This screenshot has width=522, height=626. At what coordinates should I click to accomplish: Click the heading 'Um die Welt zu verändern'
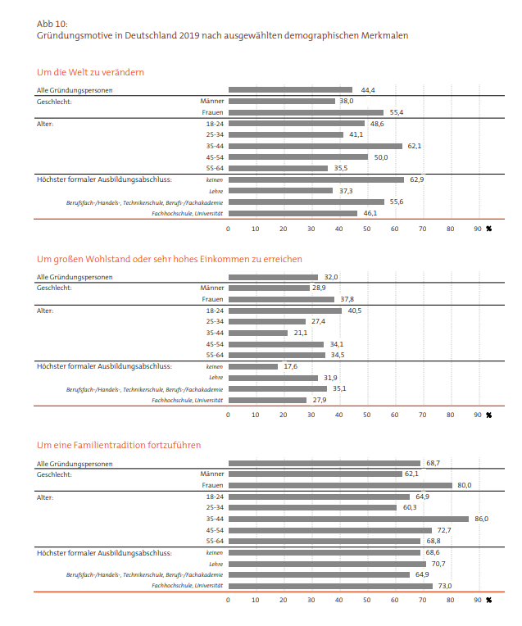pos(90,72)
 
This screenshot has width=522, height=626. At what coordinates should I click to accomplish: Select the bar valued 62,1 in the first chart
pos(315,146)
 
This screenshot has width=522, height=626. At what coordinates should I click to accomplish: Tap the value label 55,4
pos(397,112)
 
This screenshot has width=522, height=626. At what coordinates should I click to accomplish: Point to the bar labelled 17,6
pos(253,366)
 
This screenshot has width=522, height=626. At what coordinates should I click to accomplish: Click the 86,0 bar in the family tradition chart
pos(348,519)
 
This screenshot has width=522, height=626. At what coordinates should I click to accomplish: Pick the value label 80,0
pos(465,485)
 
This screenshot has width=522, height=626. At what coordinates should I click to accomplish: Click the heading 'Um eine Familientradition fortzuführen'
pos(119,445)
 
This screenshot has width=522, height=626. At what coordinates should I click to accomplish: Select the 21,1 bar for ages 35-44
pos(258,333)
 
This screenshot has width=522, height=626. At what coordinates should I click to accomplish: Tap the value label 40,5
pos(355,311)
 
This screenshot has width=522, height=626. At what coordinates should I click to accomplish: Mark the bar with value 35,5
pos(279,169)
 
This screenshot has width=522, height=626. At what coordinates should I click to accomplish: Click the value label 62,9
pos(417,179)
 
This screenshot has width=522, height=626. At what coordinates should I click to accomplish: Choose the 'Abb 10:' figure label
pos(52,24)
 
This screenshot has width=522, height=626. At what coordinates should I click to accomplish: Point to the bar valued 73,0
pos(331,586)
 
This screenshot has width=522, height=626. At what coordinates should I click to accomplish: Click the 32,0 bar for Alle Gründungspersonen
pos(274,277)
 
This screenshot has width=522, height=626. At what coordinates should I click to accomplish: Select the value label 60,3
pos(410,507)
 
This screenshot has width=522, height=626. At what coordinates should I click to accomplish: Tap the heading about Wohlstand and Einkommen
pos(170,259)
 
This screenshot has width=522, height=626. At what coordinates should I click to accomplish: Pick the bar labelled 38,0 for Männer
pos(282,102)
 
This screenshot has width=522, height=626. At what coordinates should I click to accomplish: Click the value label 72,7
pos(444,530)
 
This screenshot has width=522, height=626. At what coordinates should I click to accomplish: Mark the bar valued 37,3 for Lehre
pos(281,191)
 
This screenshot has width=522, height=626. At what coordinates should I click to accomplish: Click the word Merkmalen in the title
pos(384,35)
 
